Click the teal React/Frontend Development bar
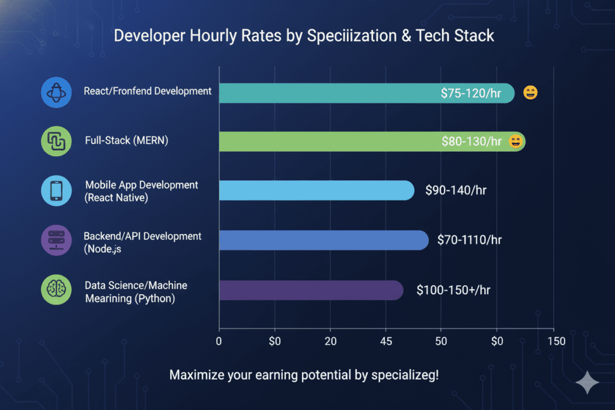324,93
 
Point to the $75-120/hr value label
476,93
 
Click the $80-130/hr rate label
471,142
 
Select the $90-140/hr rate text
456,190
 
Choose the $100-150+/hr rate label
453,290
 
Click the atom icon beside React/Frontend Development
56,93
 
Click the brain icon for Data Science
56,289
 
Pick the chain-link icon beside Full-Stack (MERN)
56,142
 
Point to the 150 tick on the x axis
556,341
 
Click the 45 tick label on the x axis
386,341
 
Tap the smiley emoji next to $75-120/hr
530,93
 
